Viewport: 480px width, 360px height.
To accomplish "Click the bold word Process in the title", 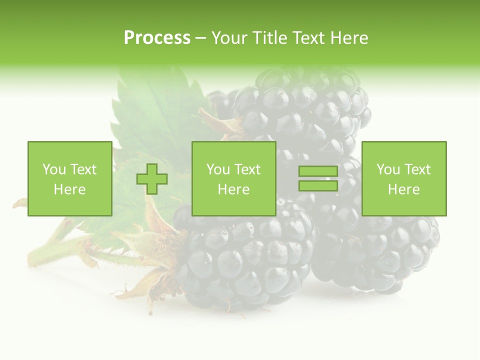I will point(157,38).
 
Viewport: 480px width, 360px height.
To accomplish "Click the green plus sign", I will point(152,179).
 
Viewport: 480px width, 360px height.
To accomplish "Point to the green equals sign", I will point(318,179).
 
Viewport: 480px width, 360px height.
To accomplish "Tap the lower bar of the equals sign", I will point(318,185).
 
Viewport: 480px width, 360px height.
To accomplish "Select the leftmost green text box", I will point(69,178).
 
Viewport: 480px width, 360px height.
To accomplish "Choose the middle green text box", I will point(233,178).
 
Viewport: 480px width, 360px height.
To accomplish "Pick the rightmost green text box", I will point(403,178).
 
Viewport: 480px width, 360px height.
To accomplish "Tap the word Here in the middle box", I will point(233,189).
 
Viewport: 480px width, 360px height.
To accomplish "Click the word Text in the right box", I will point(417,169).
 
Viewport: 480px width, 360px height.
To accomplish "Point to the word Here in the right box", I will point(403,189).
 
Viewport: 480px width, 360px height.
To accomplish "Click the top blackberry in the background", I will point(300,110).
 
